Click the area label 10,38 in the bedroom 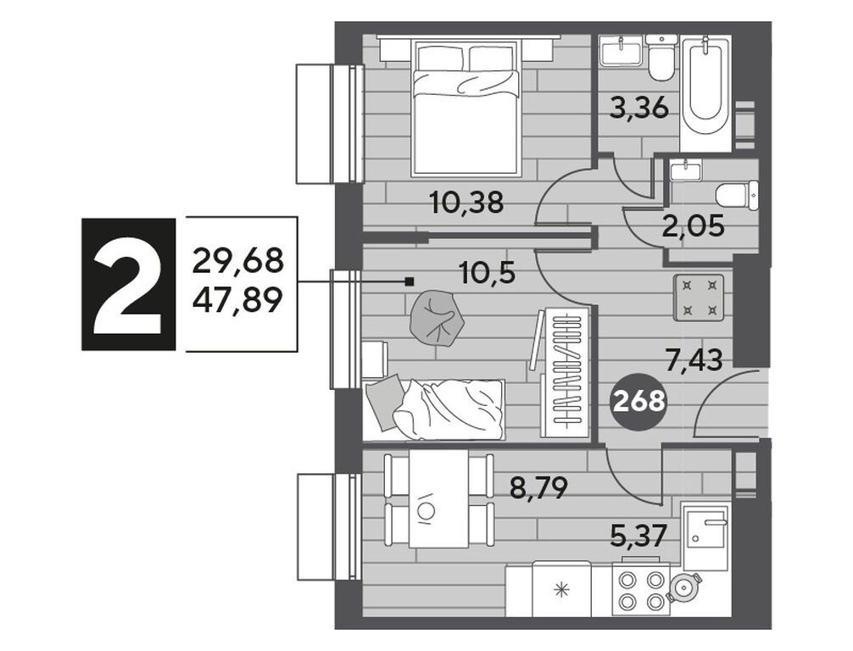[466, 203]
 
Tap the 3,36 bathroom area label [638, 108]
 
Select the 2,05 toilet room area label [693, 225]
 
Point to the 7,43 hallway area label [694, 359]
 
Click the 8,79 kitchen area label [538, 488]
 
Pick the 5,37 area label [638, 537]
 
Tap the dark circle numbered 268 [639, 402]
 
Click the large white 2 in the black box [128, 284]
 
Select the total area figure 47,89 [238, 300]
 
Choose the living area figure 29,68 [238, 260]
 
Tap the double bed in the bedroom [466, 108]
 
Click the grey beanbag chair [437, 319]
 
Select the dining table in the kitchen [438, 498]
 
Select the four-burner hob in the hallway [699, 298]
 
